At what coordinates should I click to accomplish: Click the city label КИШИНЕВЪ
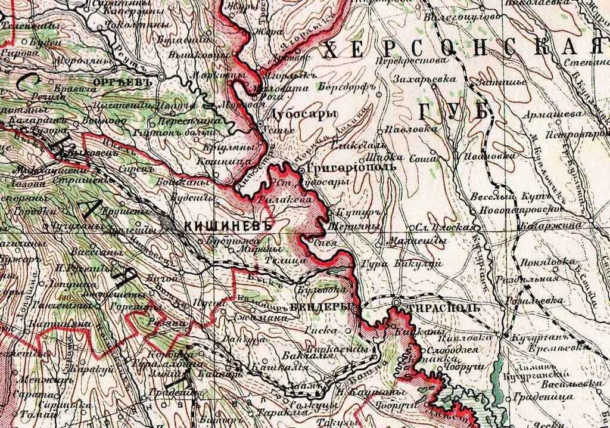click(x=228, y=226)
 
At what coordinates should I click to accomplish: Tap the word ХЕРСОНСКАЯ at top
click(x=459, y=50)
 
